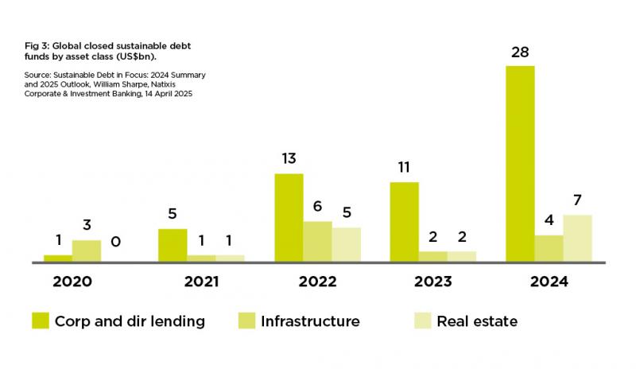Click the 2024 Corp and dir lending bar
click(520, 163)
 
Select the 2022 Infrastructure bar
click(317, 241)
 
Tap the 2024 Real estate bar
click(577, 238)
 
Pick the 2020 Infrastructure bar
click(87, 251)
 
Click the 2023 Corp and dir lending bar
click(404, 222)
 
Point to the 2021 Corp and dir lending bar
click(173, 245)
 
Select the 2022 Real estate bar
click(346, 244)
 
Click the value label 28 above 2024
click(520, 52)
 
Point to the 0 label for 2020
click(115, 241)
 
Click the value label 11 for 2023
click(404, 168)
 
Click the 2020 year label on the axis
click(72, 282)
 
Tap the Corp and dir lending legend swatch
click(41, 321)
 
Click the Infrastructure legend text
click(310, 321)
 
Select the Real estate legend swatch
click(422, 321)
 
